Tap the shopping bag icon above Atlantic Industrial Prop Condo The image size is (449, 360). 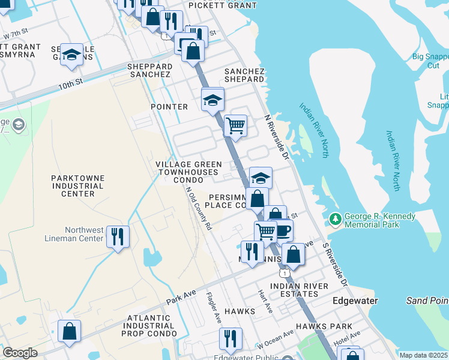pyautogui.click(x=70, y=331)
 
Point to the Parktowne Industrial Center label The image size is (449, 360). pyautogui.click(x=77, y=186)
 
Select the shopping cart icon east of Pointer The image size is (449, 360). pyautogui.click(x=235, y=125)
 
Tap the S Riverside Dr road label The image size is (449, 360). pyautogui.click(x=335, y=264)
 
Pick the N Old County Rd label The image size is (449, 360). pyautogui.click(x=199, y=209)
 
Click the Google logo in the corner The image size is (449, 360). pyautogui.click(x=20, y=353)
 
